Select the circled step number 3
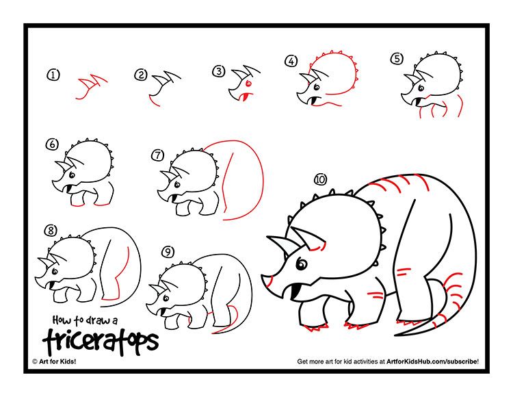pos(218,71)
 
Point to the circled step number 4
pos(291,61)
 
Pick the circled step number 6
pos(53,144)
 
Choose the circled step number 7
pos(159,155)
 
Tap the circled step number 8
pos(50,230)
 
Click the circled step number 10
pos(319,179)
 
